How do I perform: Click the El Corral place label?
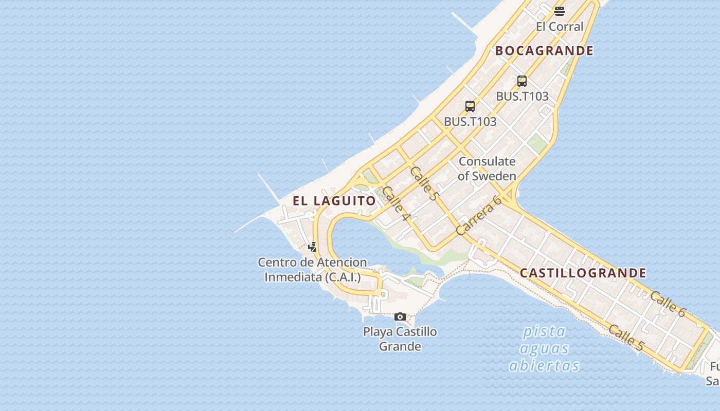[560, 27]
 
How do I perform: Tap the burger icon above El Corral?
[560, 11]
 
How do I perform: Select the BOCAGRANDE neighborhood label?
[544, 51]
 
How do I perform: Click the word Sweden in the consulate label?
[494, 176]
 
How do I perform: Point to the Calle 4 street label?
[396, 203]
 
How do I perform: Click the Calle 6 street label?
[668, 304]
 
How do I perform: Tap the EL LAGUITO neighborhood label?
[335, 201]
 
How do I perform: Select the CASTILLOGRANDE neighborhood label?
[583, 273]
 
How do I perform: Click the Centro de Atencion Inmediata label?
[312, 270]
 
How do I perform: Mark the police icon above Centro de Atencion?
[312, 247]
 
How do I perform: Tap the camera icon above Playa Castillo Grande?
[400, 316]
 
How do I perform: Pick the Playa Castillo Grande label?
[400, 339]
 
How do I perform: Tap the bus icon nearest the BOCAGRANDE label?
[521, 81]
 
